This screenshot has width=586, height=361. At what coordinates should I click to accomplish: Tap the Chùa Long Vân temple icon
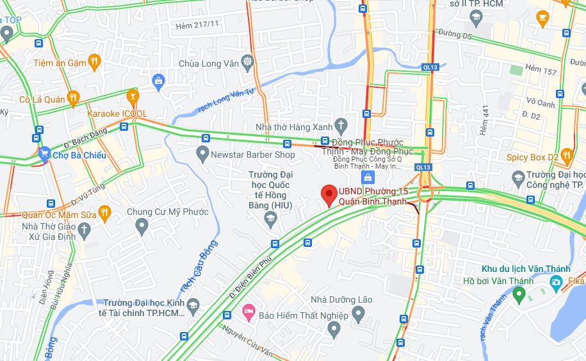pos(247,62)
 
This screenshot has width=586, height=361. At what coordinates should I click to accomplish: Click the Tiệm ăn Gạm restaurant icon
pos(95,62)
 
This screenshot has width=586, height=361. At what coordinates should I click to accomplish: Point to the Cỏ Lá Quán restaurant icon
pos(73,99)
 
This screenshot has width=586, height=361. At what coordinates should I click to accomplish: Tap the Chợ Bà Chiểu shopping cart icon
pos(44,155)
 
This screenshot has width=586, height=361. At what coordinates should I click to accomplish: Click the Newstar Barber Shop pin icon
pos(202,154)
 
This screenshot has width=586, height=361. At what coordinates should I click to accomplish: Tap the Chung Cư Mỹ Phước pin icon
pos(142,226)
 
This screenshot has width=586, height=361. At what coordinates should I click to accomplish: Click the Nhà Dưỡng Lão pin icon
pos(333,329)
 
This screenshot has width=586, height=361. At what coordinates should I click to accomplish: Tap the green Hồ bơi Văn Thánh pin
pos(519,295)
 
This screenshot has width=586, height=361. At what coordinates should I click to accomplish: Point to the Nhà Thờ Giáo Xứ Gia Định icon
pos(85,230)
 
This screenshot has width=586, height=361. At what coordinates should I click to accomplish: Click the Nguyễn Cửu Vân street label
pos(248,341)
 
